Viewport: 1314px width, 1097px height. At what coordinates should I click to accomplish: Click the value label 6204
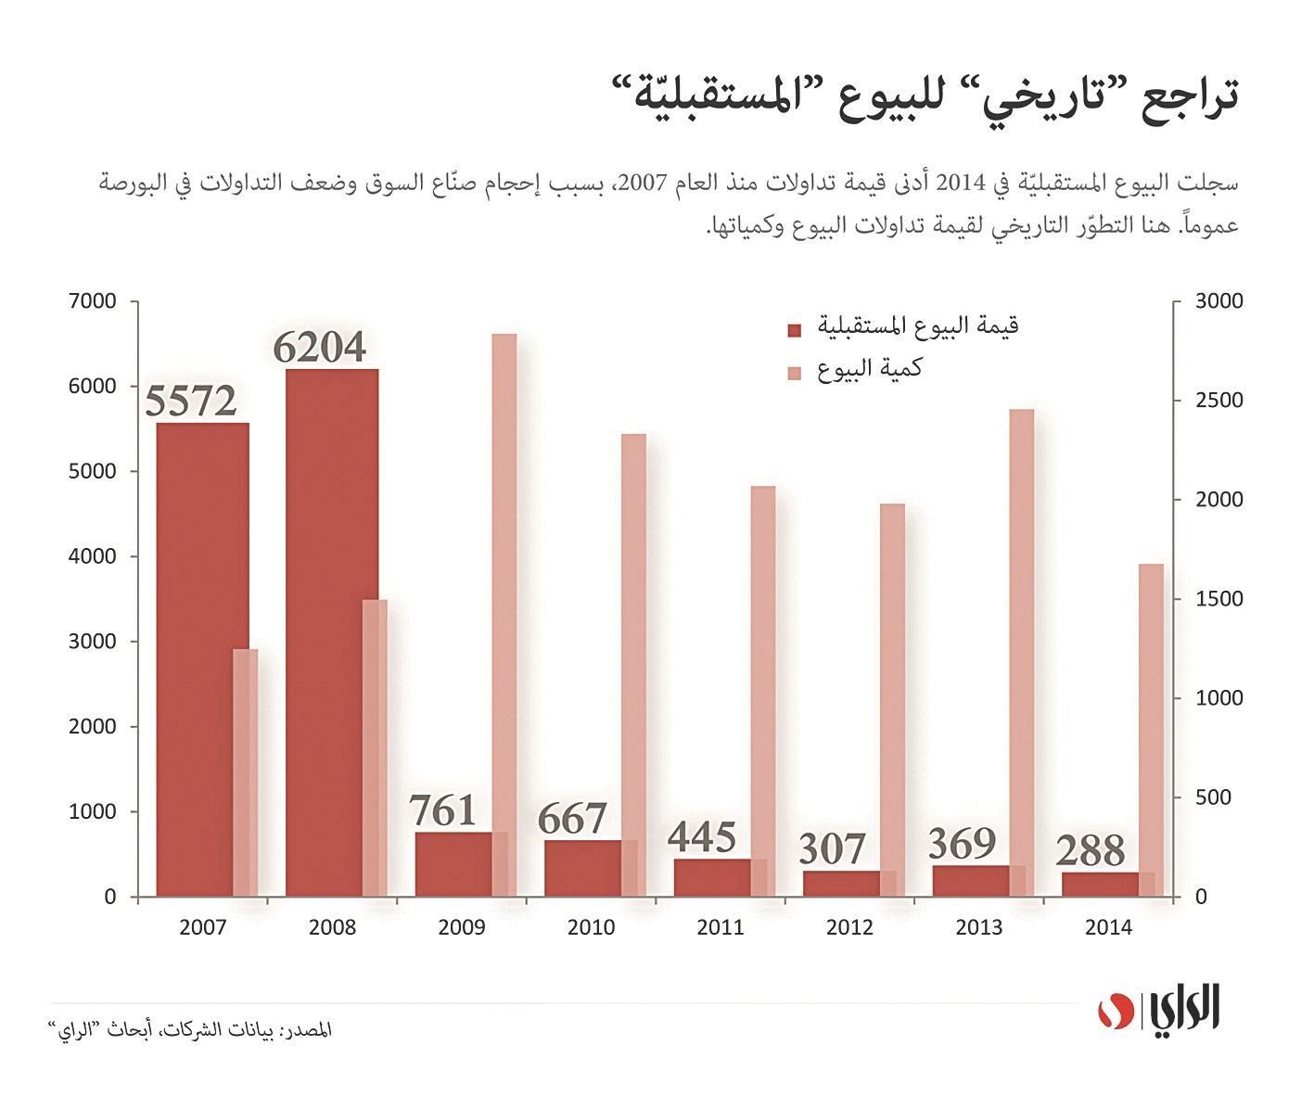[x=320, y=348]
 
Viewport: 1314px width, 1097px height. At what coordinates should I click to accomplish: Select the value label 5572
[x=191, y=401]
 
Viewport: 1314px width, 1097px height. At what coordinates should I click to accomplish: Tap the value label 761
[x=443, y=811]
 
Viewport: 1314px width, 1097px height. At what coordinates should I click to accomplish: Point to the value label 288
[x=1091, y=851]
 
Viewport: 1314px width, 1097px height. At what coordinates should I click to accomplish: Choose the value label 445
[x=702, y=837]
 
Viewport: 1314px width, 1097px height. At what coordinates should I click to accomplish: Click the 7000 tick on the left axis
[x=93, y=301]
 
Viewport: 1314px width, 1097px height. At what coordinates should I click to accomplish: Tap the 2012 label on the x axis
[x=849, y=927]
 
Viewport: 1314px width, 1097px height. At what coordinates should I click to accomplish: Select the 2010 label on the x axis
[x=591, y=927]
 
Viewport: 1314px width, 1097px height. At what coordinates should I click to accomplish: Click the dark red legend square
[x=794, y=330]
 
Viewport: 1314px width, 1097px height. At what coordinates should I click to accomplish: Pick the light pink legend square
[x=794, y=373]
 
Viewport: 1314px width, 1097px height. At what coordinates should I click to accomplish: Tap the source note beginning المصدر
[x=189, y=1030]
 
